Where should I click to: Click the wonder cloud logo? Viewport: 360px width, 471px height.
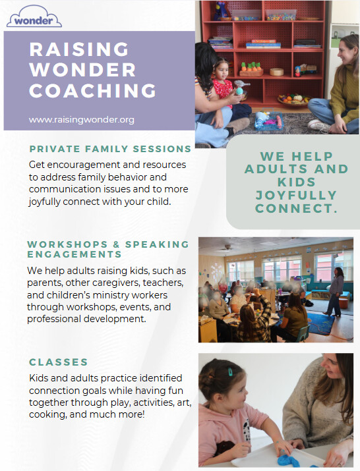point(34,16)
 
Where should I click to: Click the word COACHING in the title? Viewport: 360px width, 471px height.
point(92,90)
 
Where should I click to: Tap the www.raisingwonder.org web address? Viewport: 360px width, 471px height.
point(82,120)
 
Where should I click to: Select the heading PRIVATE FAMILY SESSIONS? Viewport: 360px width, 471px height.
point(110,149)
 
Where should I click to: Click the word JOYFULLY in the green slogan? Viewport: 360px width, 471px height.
point(296,195)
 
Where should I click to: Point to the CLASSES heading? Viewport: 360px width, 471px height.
point(58,362)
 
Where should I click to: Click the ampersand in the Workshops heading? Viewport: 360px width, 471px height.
point(117,244)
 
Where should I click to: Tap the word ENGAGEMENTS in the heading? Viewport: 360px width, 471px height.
point(75,254)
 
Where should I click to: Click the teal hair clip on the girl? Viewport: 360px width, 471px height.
point(230,372)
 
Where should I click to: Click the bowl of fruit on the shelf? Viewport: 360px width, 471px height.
point(293,99)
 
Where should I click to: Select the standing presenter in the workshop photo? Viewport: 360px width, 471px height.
point(334,291)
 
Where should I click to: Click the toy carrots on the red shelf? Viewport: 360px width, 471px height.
point(251,69)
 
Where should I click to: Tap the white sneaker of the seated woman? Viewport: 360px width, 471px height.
point(318,125)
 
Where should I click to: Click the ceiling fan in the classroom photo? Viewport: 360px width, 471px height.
point(227,248)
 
